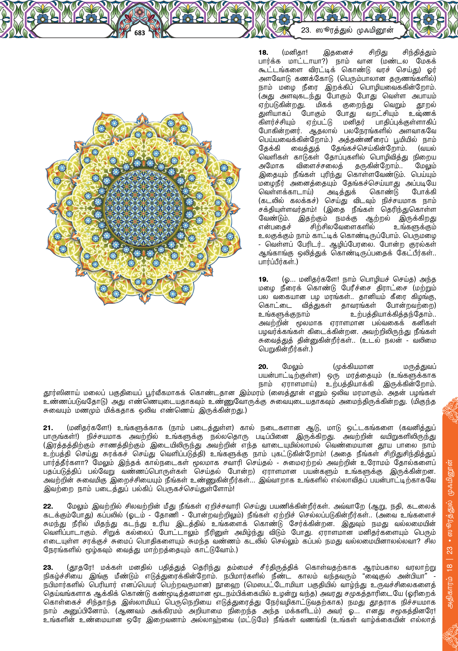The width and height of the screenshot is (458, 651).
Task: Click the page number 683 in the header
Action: click(x=140, y=33)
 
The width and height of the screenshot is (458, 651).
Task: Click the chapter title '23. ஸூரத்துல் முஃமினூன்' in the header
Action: click(x=347, y=30)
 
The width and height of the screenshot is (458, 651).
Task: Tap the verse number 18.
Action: click(x=263, y=53)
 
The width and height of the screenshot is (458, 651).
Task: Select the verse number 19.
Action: click(x=263, y=279)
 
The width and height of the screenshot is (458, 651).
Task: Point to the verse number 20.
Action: click(x=263, y=367)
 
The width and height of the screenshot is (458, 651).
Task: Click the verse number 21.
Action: click(x=48, y=428)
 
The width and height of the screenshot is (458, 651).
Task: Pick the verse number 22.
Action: click(x=48, y=506)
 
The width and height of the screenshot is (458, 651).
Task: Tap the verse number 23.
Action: click(x=48, y=568)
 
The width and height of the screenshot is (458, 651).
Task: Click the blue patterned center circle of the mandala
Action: click(x=143, y=209)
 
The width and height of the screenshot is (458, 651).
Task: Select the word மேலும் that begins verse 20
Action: click(x=293, y=367)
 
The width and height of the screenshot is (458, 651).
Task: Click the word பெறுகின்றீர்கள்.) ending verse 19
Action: click(x=285, y=349)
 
